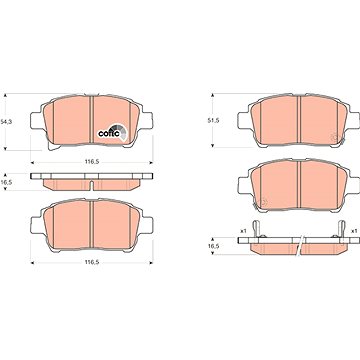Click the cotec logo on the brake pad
pos(112,133)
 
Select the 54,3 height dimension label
pos(6,122)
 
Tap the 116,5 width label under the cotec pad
pos(92,162)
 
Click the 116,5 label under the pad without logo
pos(92,262)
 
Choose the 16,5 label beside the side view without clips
pos(6,181)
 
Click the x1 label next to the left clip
pos(243,231)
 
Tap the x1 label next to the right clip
pos(354,231)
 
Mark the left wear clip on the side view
pos(255,229)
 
